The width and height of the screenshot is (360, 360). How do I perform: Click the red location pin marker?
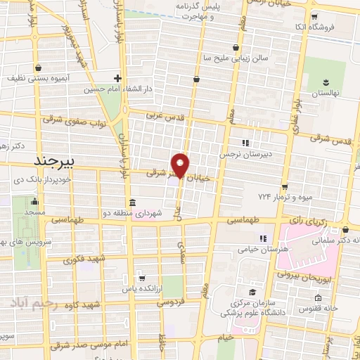tap(181, 165)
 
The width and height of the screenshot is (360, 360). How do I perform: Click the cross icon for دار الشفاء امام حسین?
tap(117, 78)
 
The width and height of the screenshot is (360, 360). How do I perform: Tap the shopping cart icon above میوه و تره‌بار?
tap(284, 186)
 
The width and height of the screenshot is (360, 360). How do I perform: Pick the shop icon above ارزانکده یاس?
tap(141, 277)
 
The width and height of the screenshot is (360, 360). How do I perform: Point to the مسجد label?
tap(34, 211)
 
